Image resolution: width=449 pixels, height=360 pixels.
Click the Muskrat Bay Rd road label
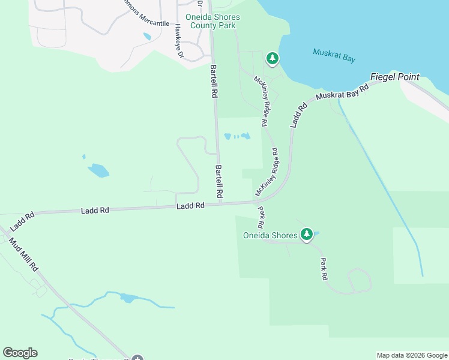[341, 95]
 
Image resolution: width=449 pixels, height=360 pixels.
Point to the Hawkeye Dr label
[178, 41]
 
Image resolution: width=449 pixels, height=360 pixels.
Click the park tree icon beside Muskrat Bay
[273, 58]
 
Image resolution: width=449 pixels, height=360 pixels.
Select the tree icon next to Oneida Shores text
[307, 234]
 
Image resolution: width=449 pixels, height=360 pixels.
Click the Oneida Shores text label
[270, 235]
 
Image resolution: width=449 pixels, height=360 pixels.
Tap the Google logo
[20, 353]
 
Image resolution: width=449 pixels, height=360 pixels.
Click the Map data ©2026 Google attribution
[412, 355]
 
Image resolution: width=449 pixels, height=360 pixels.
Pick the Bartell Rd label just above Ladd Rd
[219, 182]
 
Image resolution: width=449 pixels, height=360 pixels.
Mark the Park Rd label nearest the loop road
[324, 269]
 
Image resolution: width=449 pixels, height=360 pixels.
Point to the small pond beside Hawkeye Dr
[147, 37]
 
